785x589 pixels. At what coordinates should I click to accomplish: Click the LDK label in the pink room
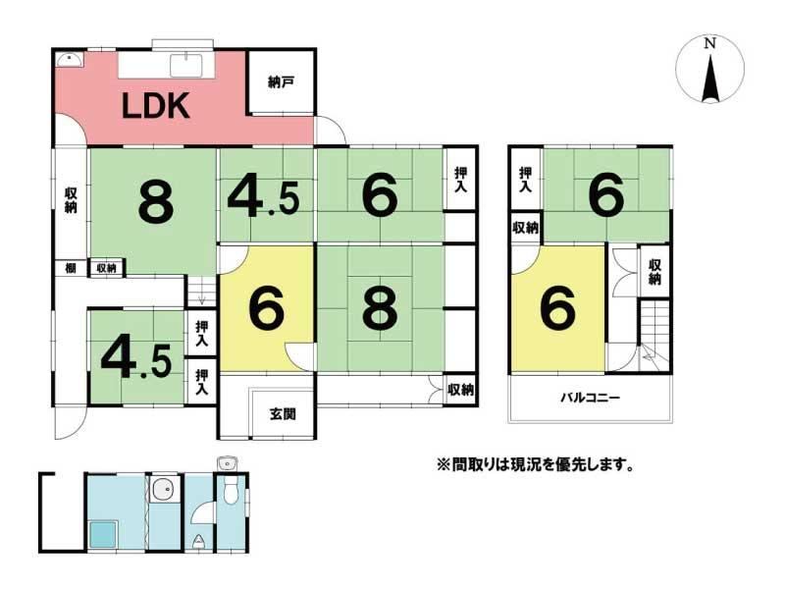click(156, 106)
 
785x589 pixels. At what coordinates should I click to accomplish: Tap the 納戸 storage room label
click(281, 81)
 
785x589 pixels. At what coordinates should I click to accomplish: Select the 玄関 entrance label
click(283, 414)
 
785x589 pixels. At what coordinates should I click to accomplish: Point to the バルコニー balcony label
click(590, 399)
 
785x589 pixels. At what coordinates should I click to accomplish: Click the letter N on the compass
click(709, 43)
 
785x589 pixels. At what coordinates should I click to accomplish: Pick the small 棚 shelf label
click(71, 268)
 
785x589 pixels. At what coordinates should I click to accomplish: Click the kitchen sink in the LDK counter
click(185, 65)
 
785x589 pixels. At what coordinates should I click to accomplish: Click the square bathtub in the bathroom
click(103, 534)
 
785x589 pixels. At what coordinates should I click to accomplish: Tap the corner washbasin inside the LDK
click(69, 60)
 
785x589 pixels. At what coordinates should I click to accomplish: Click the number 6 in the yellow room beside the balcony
click(557, 309)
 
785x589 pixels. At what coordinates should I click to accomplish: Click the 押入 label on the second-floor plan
click(525, 180)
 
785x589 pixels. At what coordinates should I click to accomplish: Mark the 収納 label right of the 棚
click(106, 268)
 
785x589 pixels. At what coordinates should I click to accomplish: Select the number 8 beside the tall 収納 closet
click(156, 202)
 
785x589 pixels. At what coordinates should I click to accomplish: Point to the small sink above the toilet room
click(227, 463)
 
